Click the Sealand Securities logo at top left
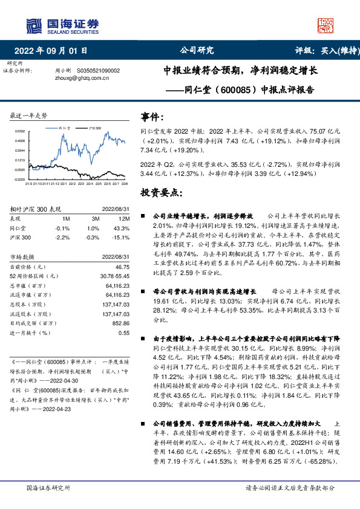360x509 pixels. pyautogui.click(x=61, y=25)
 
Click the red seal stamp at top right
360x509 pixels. pyautogui.click(x=326, y=25)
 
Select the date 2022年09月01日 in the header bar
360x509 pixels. pyautogui.click(x=54, y=50)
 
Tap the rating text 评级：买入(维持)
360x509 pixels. pyautogui.click(x=324, y=50)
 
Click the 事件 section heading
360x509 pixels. pyautogui.click(x=152, y=116)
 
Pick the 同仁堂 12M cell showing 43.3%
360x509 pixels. pyautogui.click(x=122, y=228)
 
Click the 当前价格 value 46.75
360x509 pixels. pyautogui.click(x=122, y=266)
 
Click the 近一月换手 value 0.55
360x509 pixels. pyautogui.click(x=124, y=333)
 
